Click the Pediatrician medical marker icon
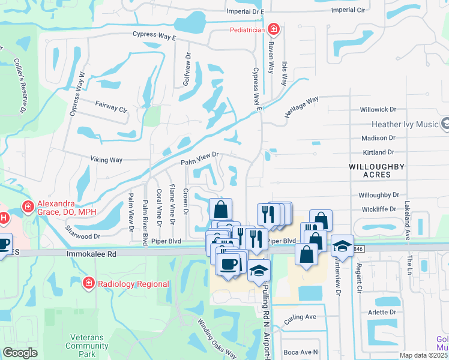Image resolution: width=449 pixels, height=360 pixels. (x=273, y=29)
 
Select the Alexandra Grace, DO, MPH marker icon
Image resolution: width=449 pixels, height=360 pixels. (x=28, y=207)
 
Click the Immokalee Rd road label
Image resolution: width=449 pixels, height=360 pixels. (x=85, y=254)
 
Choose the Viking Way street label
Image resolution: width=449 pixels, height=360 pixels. (x=106, y=160)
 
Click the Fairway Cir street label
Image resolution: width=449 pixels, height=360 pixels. (x=112, y=107)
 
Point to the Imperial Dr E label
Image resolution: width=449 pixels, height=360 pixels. (x=245, y=11)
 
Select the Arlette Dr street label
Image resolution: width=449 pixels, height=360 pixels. (x=383, y=312)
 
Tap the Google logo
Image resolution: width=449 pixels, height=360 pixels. (x=20, y=353)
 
